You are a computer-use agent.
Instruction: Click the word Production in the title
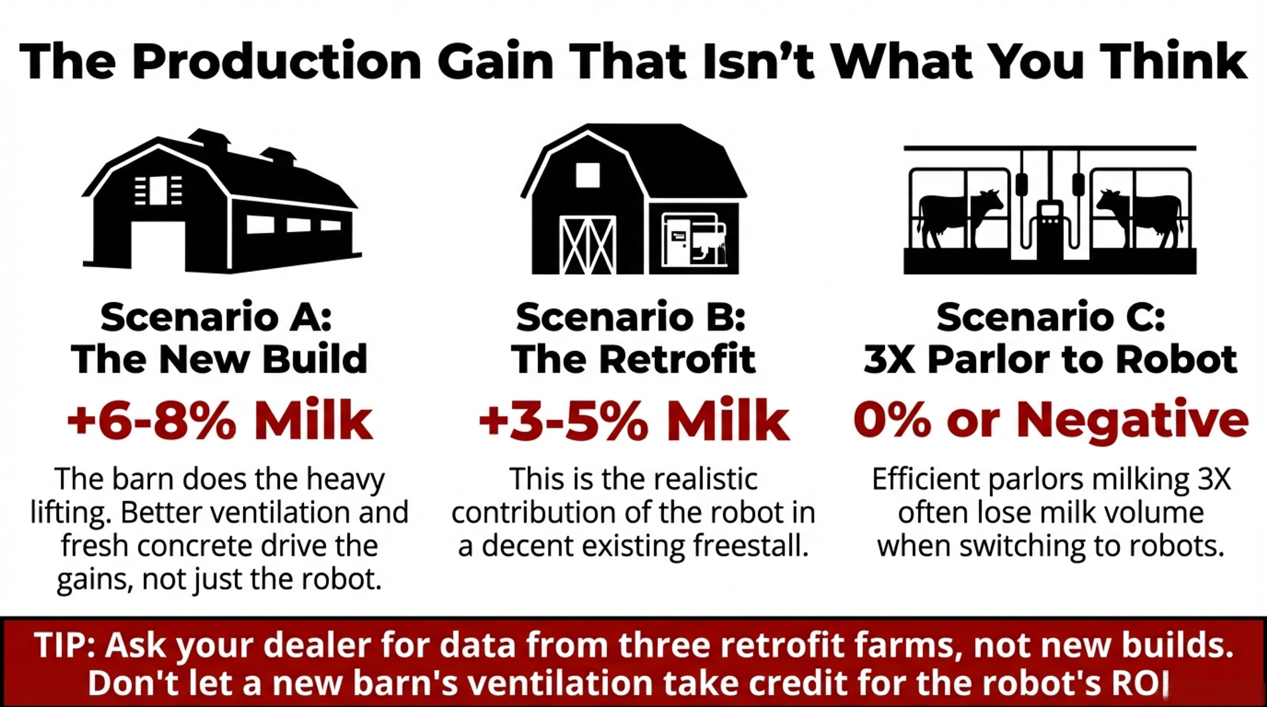tap(276, 61)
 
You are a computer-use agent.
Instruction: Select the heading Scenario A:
tap(216, 317)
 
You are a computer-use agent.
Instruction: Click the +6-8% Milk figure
tap(219, 420)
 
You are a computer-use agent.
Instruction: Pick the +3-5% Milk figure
tap(633, 420)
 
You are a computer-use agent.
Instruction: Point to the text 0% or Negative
tap(1050, 420)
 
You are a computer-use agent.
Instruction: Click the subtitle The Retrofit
tap(633, 359)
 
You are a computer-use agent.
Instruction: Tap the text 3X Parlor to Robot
tap(1050, 359)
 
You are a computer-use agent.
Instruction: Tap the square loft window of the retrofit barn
tap(588, 175)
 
